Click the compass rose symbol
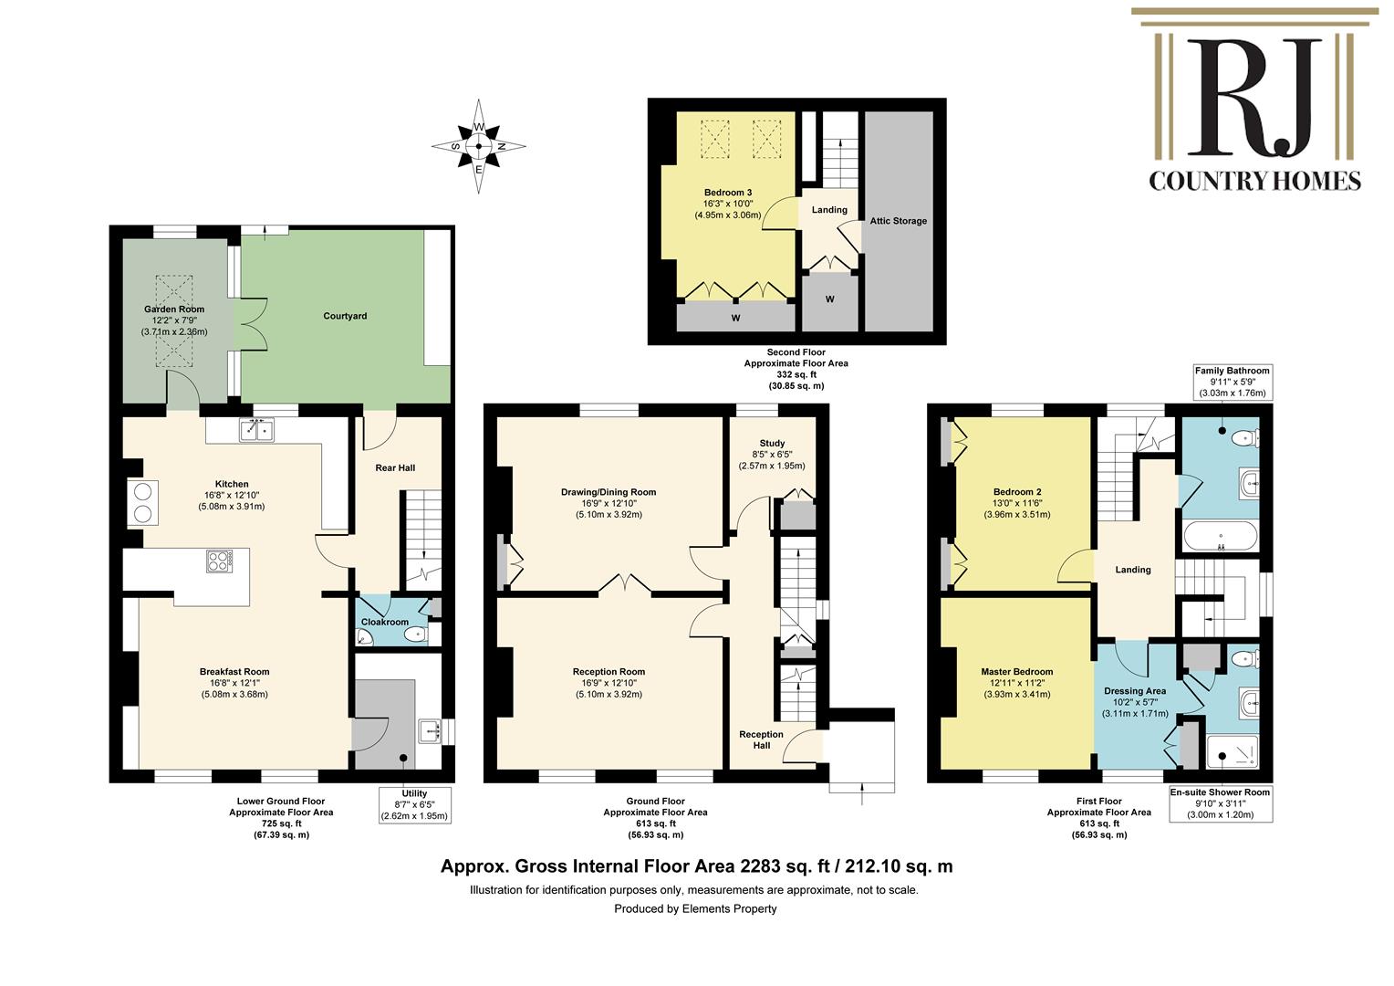click(x=479, y=146)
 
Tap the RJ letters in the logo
click(x=1254, y=97)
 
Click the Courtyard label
click(x=345, y=316)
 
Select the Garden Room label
click(x=174, y=309)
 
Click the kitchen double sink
click(x=256, y=430)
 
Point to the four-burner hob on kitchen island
click(x=220, y=561)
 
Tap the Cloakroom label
click(x=385, y=622)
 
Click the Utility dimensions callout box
click(x=414, y=804)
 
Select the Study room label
click(x=772, y=443)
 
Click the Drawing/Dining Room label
click(x=609, y=492)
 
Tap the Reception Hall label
click(x=761, y=739)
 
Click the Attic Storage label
click(x=898, y=221)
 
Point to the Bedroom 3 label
click(x=728, y=193)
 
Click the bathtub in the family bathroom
click(x=1221, y=536)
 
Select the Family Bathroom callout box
click(x=1233, y=382)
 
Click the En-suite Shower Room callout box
click(x=1221, y=803)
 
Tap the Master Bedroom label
click(x=1017, y=671)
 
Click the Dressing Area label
click(x=1135, y=691)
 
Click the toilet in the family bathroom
click(x=1244, y=438)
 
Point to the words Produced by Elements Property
click(x=696, y=908)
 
